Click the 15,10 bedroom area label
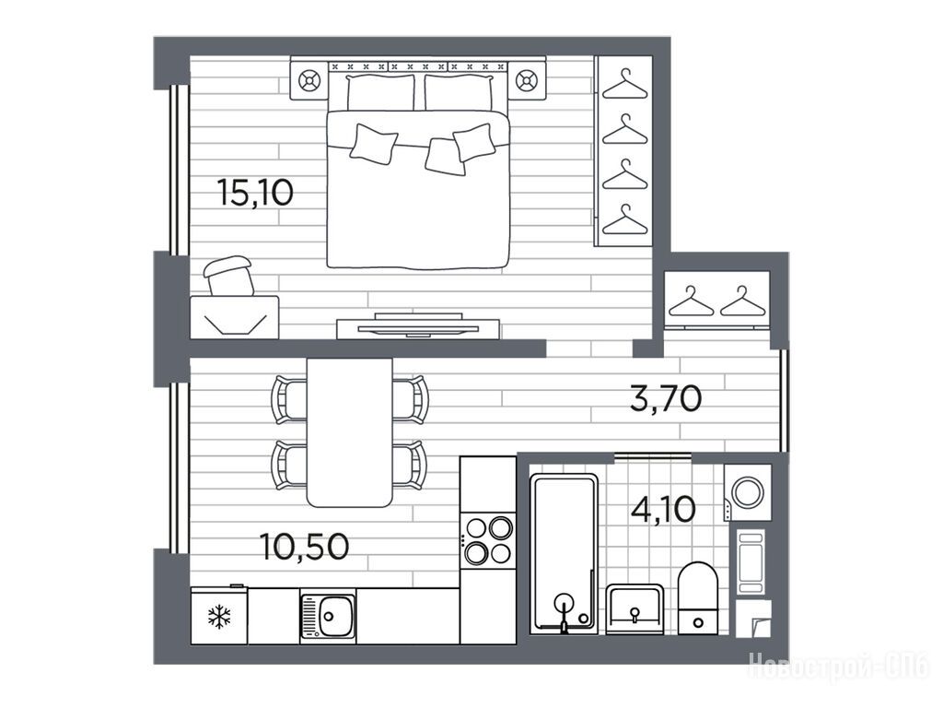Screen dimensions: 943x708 click(x=255, y=193)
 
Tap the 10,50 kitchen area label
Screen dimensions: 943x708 click(x=305, y=547)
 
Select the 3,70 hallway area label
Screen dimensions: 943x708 click(x=666, y=398)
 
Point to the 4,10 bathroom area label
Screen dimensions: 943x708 click(x=663, y=509)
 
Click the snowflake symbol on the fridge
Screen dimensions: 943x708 click(x=219, y=617)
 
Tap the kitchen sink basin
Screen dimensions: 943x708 click(x=336, y=617)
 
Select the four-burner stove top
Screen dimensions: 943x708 click(x=488, y=540)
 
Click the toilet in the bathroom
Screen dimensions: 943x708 click(x=698, y=597)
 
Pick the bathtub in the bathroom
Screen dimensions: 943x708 click(x=565, y=553)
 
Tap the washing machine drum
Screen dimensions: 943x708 click(x=749, y=492)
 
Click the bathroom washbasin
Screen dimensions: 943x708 click(x=634, y=608)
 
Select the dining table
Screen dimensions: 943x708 click(x=349, y=432)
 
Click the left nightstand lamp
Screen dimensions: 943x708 click(x=309, y=80)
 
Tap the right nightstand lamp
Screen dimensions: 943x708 click(x=526, y=80)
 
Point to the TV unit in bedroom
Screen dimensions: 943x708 click(x=418, y=326)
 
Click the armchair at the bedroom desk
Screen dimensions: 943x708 click(x=229, y=276)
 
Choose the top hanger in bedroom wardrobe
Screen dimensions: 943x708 click(x=625, y=84)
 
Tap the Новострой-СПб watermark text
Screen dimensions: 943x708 click(x=839, y=666)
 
